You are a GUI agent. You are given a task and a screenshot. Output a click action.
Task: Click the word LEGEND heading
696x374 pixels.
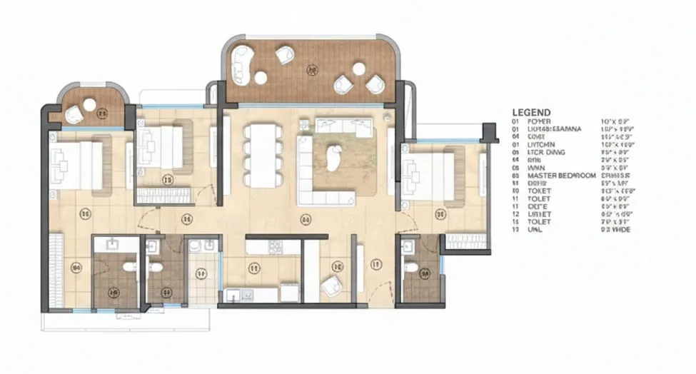531,113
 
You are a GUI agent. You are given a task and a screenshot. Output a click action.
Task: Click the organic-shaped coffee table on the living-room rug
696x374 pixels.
333,158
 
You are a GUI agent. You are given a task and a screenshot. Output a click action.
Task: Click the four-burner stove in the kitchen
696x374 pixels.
274,248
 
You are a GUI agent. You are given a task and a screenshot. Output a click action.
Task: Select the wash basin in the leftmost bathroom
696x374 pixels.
113,245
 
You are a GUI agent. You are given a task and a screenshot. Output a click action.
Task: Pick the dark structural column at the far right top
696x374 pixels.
490,132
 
